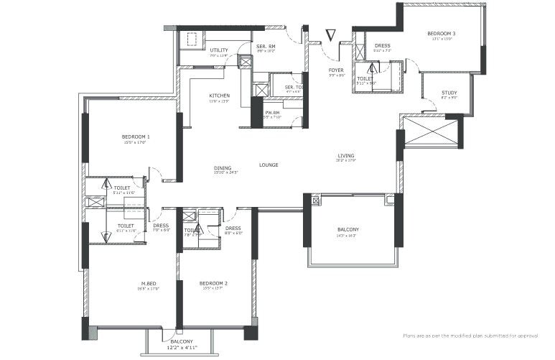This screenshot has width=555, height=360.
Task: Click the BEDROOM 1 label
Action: [135, 137]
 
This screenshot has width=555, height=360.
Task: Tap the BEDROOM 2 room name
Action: [213, 283]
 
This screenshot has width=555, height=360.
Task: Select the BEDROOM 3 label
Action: [442, 34]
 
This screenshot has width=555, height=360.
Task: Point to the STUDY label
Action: [449, 93]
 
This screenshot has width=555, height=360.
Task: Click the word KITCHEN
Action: [219, 96]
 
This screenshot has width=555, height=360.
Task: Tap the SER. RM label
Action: [266, 47]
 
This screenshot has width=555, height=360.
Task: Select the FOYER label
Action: [336, 70]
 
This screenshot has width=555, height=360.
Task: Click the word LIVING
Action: [346, 156]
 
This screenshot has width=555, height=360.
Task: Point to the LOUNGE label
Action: [269, 165]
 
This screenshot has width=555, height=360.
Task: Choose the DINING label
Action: [223, 169]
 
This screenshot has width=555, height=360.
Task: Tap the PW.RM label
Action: [272, 113]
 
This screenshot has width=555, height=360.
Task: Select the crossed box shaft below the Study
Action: [431, 132]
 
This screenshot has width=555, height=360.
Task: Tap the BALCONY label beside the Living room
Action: [348, 230]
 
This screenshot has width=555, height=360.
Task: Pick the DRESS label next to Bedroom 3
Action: [382, 46]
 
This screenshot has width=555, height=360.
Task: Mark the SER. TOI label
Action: [292, 88]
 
